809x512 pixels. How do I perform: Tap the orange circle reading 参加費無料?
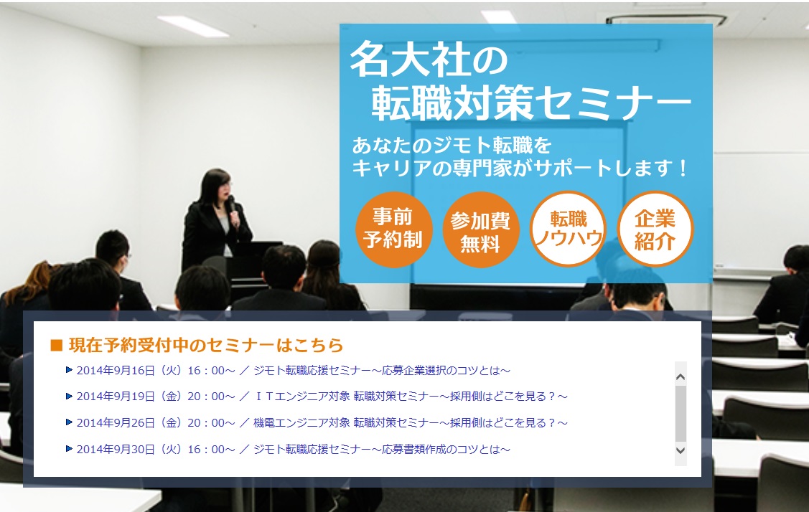pyautogui.click(x=480, y=230)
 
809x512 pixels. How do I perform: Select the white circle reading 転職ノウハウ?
pyautogui.click(x=568, y=229)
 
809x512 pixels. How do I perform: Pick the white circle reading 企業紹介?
pyautogui.click(x=655, y=229)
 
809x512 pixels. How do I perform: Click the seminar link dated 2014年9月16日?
pyautogui.click(x=293, y=370)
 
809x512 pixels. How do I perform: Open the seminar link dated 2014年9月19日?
pyautogui.click(x=322, y=397)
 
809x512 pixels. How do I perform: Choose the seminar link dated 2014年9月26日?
pyautogui.click(x=322, y=423)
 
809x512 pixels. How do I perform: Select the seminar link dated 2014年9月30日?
pyautogui.click(x=293, y=449)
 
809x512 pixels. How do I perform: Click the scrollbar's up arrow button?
pyautogui.click(x=681, y=377)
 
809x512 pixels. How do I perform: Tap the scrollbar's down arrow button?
pyautogui.click(x=681, y=450)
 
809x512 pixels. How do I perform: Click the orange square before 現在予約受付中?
pyautogui.click(x=56, y=346)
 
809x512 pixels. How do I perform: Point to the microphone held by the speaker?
pyautogui.click(x=232, y=205)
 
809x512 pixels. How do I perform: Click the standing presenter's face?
pyautogui.click(x=219, y=188)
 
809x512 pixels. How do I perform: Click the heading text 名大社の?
pyautogui.click(x=429, y=60)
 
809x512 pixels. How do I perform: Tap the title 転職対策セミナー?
pyautogui.click(x=531, y=103)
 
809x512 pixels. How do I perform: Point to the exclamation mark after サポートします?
pyautogui.click(x=683, y=168)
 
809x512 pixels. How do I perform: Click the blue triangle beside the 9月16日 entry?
pyautogui.click(x=69, y=370)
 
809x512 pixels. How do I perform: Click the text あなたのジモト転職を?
pyautogui.click(x=452, y=146)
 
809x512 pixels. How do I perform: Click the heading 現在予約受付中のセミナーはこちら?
pyautogui.click(x=206, y=345)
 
